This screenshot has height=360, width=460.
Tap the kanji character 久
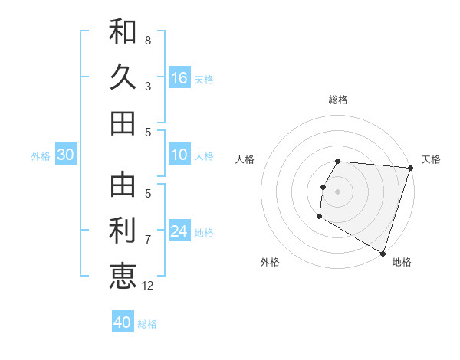pos(123,77)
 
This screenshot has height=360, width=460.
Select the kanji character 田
pos(123,123)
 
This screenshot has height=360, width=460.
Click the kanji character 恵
pos(123,276)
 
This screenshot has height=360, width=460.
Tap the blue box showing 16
pos(179,78)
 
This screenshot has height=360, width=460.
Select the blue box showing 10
pos(179,155)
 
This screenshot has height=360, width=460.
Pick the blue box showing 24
pos(179,231)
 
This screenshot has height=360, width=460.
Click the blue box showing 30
pos(65,155)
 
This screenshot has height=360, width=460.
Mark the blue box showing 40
pos(123,322)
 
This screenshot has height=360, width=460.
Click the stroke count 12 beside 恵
pos(149,286)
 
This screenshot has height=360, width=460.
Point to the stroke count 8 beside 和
pos(148,41)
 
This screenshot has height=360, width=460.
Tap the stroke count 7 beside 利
pos(148,240)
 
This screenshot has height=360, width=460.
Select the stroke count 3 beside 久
pos(148,87)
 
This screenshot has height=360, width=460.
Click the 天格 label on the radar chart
pos(431,159)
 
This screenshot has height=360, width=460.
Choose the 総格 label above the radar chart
pos(338,100)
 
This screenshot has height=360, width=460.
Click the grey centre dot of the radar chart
pos(337,191)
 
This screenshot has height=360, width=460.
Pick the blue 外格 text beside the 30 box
pos(41,156)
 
